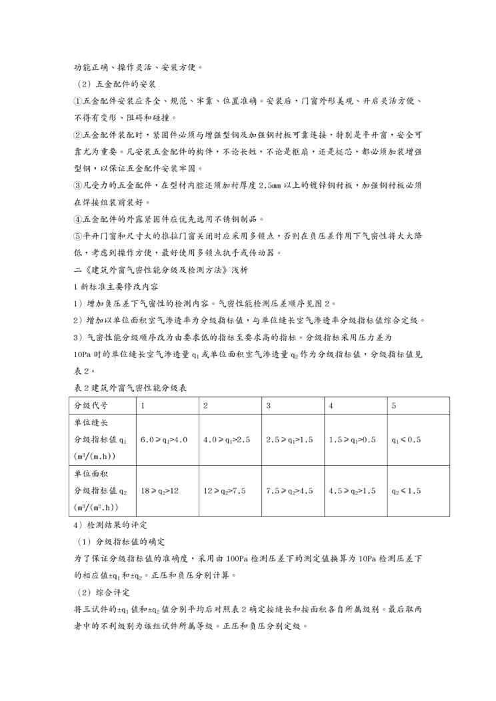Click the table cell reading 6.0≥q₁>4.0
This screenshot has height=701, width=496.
pos(164,440)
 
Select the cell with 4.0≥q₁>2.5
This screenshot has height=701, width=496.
pos(227,440)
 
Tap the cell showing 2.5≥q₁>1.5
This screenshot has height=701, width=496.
pos(289,440)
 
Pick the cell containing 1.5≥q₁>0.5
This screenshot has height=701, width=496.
pos(352,440)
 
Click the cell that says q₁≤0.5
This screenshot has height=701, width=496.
pos(406,440)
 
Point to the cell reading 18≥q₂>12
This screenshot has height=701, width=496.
pos(160,490)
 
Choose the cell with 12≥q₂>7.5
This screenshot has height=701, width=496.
pos(225,490)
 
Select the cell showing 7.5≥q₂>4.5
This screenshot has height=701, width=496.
pos(289,490)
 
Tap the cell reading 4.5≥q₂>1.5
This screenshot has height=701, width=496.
pos(352,490)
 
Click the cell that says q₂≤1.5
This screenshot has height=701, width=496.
pos(406,490)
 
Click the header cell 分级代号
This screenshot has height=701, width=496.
pos(91,406)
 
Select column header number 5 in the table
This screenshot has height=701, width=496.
pos(394,406)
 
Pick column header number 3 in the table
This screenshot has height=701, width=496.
pos(268,406)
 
